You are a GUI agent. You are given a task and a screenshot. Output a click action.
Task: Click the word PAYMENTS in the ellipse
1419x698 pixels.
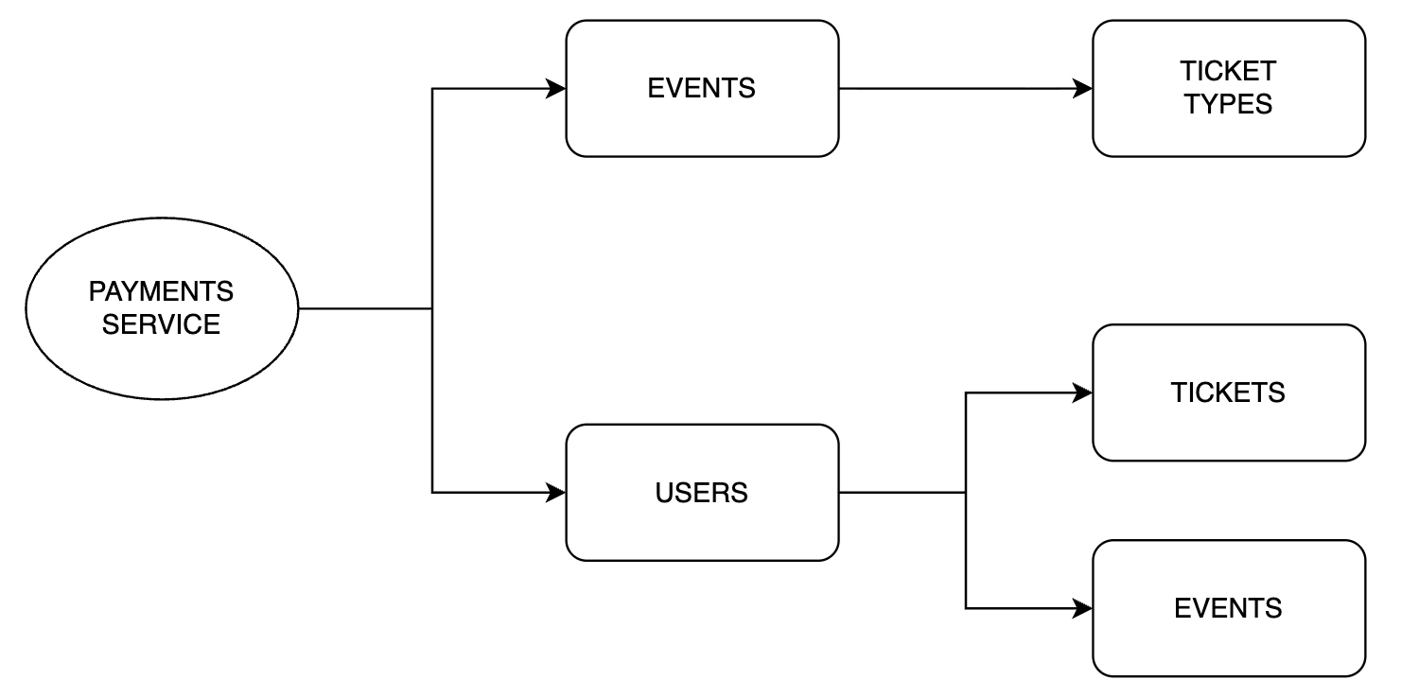click(161, 291)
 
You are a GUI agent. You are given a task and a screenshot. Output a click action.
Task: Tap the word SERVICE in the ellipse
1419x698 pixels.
click(161, 324)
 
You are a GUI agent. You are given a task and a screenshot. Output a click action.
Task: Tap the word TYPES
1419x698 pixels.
click(1229, 104)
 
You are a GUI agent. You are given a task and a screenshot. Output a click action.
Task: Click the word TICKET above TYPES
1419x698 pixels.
click(1229, 71)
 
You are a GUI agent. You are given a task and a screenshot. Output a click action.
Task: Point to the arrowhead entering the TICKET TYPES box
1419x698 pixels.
click(1084, 89)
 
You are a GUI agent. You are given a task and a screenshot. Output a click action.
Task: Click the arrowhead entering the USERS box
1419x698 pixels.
click(557, 493)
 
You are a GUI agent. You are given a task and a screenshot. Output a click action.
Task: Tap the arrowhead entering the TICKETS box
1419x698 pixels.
click(1084, 393)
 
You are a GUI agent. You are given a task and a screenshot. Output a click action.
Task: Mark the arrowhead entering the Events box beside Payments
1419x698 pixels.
click(557, 89)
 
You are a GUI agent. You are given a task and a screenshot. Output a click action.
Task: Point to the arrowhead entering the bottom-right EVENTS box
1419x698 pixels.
click(1084, 608)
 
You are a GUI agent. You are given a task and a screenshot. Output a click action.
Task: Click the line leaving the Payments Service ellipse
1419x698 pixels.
click(364, 308)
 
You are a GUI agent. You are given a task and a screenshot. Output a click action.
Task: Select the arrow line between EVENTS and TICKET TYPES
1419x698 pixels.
click(955, 89)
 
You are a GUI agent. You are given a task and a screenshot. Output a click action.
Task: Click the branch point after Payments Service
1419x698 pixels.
click(432, 308)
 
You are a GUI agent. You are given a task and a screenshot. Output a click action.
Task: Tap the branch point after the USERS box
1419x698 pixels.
click(966, 493)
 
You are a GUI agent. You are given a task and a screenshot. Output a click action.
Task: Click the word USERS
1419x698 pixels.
click(702, 493)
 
